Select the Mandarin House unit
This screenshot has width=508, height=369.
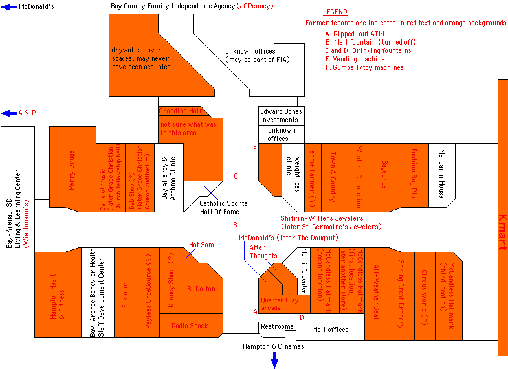pyautogui.click(x=441, y=175)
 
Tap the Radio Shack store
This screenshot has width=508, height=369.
pyautogui.click(x=190, y=326)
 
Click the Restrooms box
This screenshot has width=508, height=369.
pyautogui.click(x=277, y=327)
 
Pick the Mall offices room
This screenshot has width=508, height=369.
pyautogui.click(x=330, y=330)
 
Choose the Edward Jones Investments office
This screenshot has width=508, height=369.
pyautogui.click(x=281, y=115)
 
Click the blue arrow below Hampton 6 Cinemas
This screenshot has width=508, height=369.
pyautogui.click(x=274, y=361)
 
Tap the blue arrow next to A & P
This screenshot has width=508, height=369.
pyautogui.click(x=9, y=113)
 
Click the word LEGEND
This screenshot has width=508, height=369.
pyautogui.click(x=335, y=12)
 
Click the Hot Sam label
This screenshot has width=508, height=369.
pyautogui.click(x=201, y=245)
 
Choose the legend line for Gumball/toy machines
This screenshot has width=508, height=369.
pyautogui.click(x=364, y=67)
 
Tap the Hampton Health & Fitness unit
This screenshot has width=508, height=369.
pyautogui.click(x=58, y=295)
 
